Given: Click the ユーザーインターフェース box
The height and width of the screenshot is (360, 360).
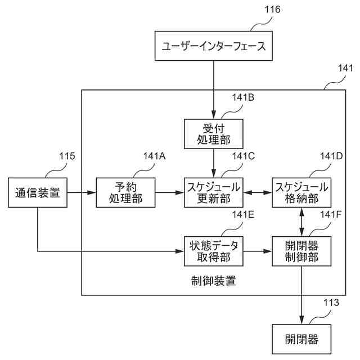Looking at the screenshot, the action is [x=214, y=46].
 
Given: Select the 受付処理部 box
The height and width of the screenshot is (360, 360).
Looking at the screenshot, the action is [x=214, y=134].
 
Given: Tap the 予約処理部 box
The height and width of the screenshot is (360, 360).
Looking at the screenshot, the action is [x=125, y=192].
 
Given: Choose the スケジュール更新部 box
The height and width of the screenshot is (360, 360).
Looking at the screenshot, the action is [x=214, y=192].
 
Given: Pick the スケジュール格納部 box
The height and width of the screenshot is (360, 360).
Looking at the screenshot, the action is [x=301, y=192].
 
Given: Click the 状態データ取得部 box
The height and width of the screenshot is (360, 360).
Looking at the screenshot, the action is [x=214, y=251].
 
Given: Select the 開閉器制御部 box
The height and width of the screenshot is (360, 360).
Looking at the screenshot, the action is [x=301, y=251].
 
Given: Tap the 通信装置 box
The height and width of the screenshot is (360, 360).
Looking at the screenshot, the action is [x=38, y=192].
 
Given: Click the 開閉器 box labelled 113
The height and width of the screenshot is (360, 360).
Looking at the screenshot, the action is [x=301, y=339].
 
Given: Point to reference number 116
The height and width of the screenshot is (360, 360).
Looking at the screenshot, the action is [x=272, y=10].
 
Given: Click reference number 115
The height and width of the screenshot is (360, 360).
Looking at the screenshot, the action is [x=67, y=156].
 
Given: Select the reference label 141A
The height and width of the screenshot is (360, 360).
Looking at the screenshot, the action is [x=154, y=156].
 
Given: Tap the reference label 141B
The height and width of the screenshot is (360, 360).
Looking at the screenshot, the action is [x=243, y=97].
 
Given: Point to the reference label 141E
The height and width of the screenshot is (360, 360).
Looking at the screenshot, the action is [x=243, y=215].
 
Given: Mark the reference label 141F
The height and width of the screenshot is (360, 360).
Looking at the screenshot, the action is [x=331, y=215].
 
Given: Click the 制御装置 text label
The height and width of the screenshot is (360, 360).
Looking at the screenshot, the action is [x=214, y=281].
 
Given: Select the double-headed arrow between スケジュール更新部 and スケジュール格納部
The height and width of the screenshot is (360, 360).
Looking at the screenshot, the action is [x=258, y=192].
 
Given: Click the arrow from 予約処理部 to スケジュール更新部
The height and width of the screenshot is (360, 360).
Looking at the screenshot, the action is [x=170, y=192].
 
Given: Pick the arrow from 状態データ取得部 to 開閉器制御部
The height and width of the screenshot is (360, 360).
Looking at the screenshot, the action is [x=258, y=251].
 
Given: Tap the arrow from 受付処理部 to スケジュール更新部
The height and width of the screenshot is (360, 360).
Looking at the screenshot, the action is [x=214, y=163].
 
